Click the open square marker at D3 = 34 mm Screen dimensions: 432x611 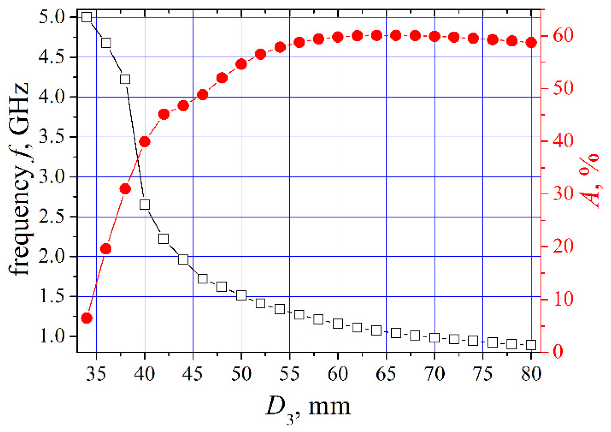pos(87,17)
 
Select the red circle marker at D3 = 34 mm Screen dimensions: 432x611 pos(87,318)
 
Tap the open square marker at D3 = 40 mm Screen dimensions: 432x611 pos(145,205)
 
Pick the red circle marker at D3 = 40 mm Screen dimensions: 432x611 pos(145,142)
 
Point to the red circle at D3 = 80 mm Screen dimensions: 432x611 pos(531,43)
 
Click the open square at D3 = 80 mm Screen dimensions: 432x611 pos(531,345)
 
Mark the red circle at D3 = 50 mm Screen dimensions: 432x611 pos(241,65)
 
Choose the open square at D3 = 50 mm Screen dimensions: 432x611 pos(241,295)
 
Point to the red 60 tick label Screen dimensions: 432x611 pos(563,35)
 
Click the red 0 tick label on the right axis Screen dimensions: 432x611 pos(558,352)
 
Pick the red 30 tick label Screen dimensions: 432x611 pos(563,193)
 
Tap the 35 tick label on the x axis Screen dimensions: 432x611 pos(96,374)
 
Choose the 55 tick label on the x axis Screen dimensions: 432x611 pos(289,374)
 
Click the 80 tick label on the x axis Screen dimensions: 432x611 pos(531,374)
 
